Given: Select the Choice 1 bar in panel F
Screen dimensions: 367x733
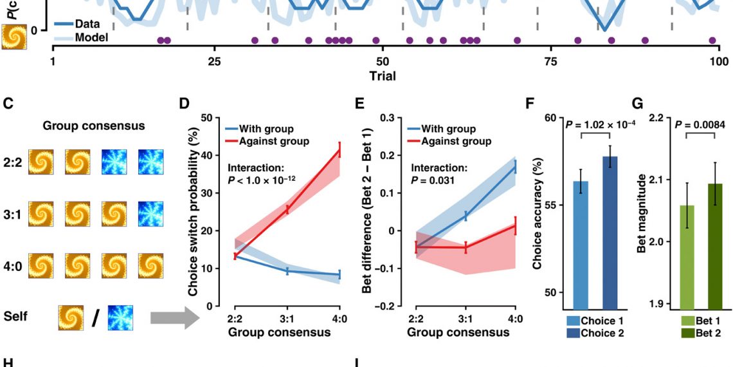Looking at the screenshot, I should click(580, 245).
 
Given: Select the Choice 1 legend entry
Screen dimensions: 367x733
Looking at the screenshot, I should click(597, 321).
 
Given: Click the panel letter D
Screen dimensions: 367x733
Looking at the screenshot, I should click(184, 103).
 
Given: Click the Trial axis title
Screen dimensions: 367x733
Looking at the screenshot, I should click(382, 76).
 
